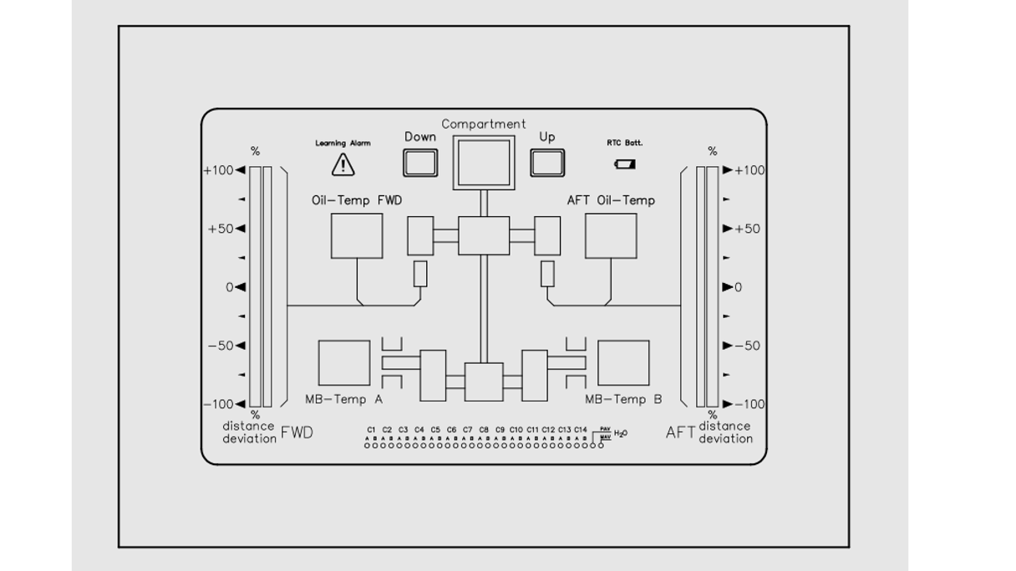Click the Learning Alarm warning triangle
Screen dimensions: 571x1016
[x=343, y=165]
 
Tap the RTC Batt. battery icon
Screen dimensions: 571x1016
[x=625, y=164]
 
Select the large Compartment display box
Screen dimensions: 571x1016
[x=482, y=161]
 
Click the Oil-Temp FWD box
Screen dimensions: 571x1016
[x=357, y=235]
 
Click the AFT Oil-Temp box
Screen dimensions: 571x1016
[x=611, y=235]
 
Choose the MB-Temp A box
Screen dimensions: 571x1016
[x=343, y=363]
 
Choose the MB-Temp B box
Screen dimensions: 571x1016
[x=623, y=363]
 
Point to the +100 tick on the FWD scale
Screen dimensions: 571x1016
[x=241, y=170]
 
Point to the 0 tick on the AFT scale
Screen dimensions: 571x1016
[x=727, y=287]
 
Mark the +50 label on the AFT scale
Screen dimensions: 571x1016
[x=747, y=229]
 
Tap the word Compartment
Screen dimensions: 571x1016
[x=484, y=124]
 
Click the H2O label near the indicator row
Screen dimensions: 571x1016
[x=620, y=433]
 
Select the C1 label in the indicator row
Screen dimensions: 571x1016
[x=371, y=429]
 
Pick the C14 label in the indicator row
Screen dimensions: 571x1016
[x=580, y=429]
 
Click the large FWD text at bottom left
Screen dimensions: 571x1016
[x=297, y=432]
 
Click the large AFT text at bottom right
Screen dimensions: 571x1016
[x=680, y=432]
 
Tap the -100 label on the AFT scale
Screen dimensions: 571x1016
[x=748, y=404]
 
